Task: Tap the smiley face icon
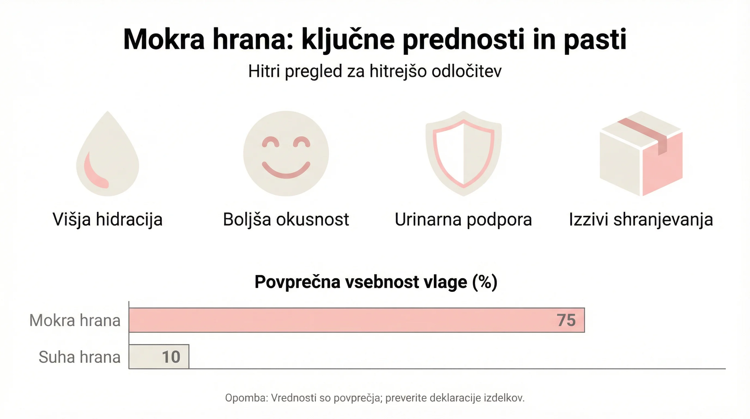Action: (x=286, y=154)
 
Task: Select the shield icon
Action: (x=464, y=154)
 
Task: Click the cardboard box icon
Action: (x=641, y=154)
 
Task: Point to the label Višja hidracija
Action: (x=107, y=219)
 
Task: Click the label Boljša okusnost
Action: (x=286, y=219)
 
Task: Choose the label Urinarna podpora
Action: (x=463, y=219)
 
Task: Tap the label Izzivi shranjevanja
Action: (x=641, y=219)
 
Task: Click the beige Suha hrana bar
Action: (x=146, y=357)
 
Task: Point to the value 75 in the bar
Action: (x=566, y=320)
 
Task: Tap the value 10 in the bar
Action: (x=171, y=357)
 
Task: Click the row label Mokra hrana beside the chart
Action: (x=75, y=320)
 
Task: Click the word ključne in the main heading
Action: (x=348, y=40)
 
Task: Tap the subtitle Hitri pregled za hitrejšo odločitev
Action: (x=375, y=71)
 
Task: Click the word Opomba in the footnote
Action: (x=246, y=398)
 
